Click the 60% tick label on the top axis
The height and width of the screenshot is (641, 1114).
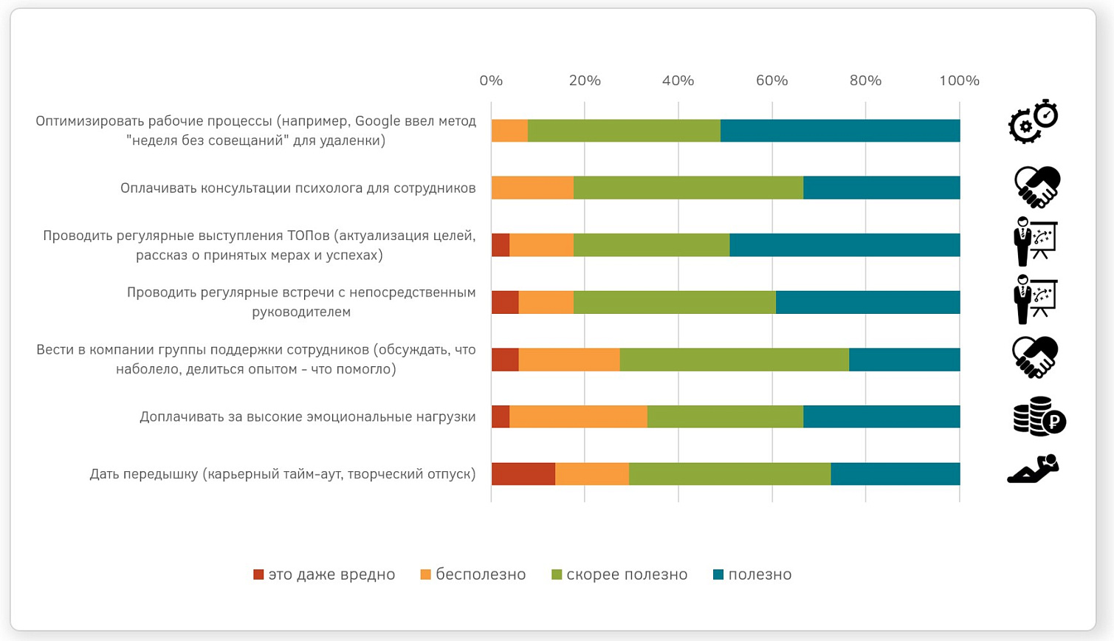772,80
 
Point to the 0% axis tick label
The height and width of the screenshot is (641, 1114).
491,80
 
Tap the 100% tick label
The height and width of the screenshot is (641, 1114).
959,80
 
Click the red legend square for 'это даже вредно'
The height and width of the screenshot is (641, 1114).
258,575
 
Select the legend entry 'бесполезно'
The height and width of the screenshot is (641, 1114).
473,575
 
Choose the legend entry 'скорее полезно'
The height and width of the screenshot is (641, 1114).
619,575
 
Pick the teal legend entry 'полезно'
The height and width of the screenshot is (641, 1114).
752,575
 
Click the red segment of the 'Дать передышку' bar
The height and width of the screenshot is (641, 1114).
523,474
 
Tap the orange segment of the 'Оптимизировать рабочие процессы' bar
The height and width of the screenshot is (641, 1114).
510,131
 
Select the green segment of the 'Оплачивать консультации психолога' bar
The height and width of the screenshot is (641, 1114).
688,188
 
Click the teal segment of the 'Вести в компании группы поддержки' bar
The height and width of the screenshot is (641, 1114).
904,360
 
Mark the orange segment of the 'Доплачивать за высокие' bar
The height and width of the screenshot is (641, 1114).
578,417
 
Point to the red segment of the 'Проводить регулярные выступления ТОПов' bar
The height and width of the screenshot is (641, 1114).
501,245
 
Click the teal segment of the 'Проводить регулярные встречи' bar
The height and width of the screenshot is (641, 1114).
868,302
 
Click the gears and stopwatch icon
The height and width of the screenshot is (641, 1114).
1034,122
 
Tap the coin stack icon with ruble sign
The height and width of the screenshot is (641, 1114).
1039,417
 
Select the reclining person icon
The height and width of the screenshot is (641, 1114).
1034,469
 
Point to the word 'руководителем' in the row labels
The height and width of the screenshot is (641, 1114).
301,312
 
